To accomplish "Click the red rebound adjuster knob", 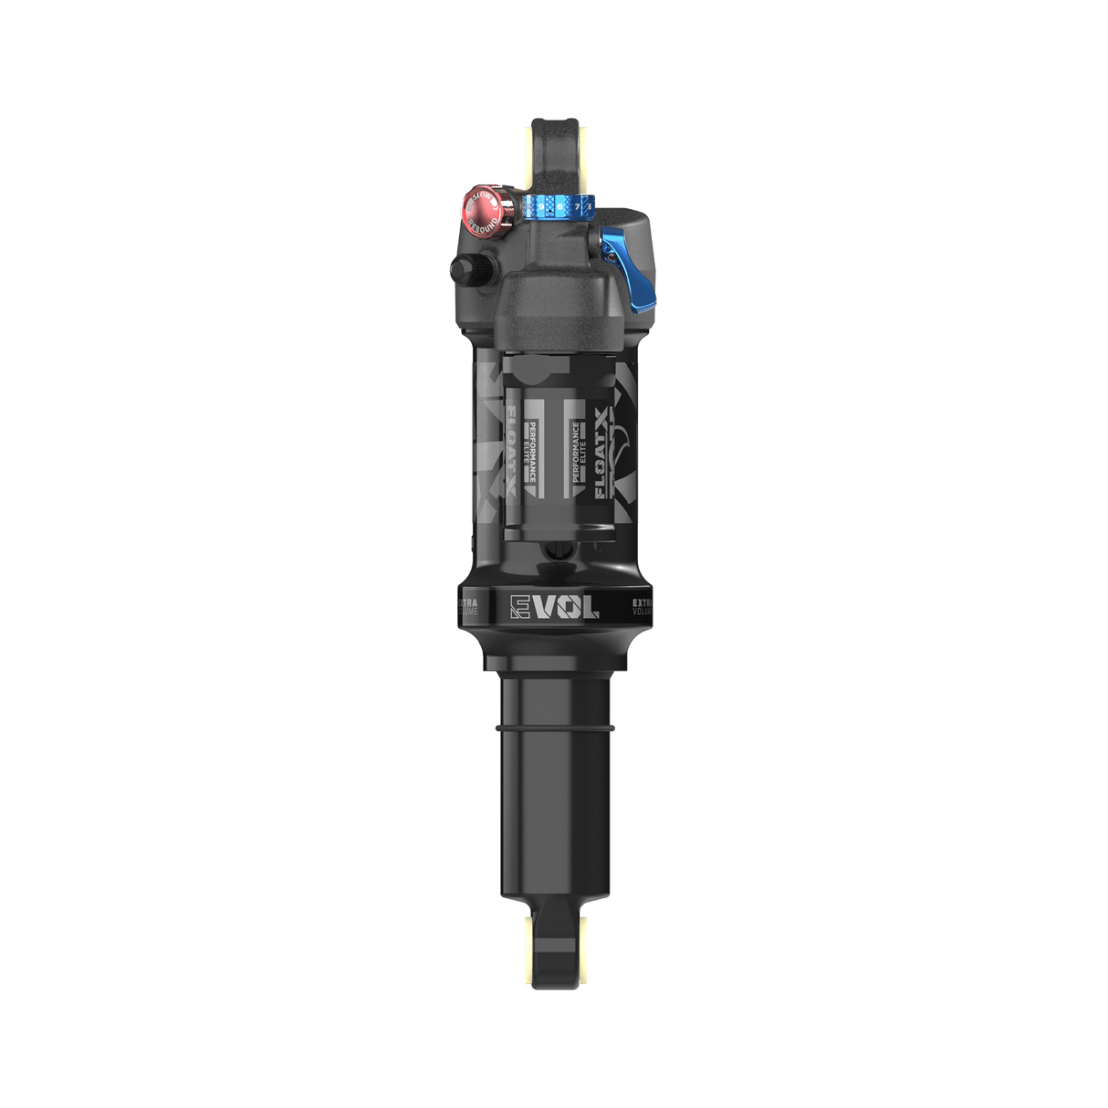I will point(481,209).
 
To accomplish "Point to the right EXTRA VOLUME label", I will point(643,607).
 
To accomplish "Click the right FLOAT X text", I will point(603,453).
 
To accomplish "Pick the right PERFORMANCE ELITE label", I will point(578,453).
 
